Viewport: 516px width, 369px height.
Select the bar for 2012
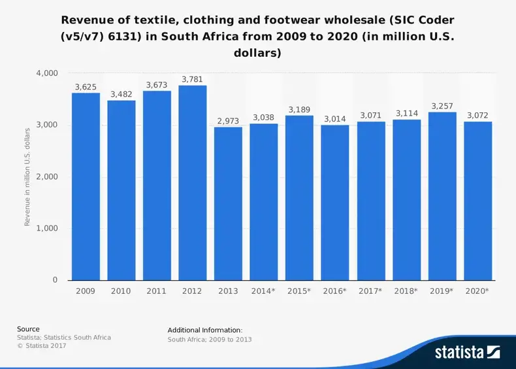tap(193, 183)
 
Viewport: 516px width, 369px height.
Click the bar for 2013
tap(228, 203)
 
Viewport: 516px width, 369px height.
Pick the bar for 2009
tap(86, 187)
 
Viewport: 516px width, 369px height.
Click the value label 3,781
tap(193, 79)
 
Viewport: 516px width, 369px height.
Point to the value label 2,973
tap(228, 121)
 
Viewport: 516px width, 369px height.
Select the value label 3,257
tap(442, 106)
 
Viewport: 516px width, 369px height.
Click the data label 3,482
tap(121, 94)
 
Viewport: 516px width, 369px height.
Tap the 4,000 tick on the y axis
tap(47, 73)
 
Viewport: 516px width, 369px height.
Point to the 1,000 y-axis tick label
tap(47, 229)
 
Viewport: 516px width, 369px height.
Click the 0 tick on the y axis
tap(55, 280)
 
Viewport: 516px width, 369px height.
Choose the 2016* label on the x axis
tap(335, 291)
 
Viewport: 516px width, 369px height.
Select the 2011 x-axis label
tap(157, 291)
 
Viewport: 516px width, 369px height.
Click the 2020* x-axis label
tap(477, 291)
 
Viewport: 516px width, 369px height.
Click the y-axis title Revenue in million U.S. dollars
tap(27, 177)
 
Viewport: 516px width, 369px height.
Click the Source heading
tap(28, 329)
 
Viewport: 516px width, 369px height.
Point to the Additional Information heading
tap(205, 330)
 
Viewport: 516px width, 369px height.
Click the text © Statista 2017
tap(42, 345)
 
